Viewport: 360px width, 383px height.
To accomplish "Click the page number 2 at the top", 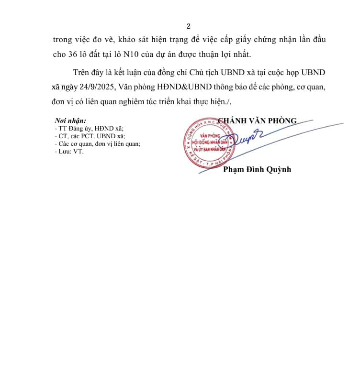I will [x=189, y=26].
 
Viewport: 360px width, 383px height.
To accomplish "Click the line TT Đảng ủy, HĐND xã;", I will [x=89, y=128].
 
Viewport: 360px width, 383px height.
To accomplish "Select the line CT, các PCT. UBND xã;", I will [x=90, y=136].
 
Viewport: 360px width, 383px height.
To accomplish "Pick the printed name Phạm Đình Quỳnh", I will [x=257, y=169].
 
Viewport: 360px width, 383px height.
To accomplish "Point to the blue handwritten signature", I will [x=247, y=139].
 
